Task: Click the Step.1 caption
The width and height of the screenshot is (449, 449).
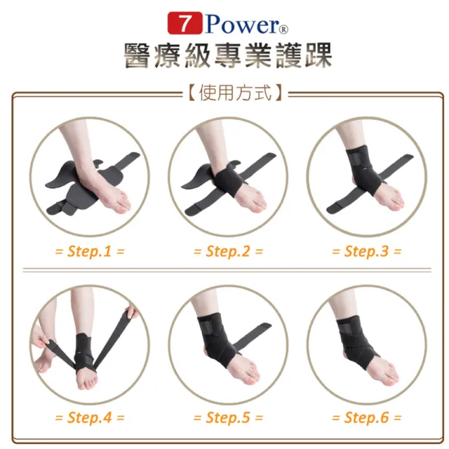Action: click(89, 250)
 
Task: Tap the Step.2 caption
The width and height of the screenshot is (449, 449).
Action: click(227, 250)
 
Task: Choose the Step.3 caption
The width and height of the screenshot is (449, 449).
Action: click(366, 250)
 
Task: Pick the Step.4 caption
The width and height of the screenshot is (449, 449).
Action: click(89, 417)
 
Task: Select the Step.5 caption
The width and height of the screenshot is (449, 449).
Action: click(227, 417)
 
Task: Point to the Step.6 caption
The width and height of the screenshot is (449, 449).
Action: click(366, 417)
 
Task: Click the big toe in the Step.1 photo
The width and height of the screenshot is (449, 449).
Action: click(123, 206)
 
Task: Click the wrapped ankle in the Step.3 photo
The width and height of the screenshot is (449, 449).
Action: click(361, 168)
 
